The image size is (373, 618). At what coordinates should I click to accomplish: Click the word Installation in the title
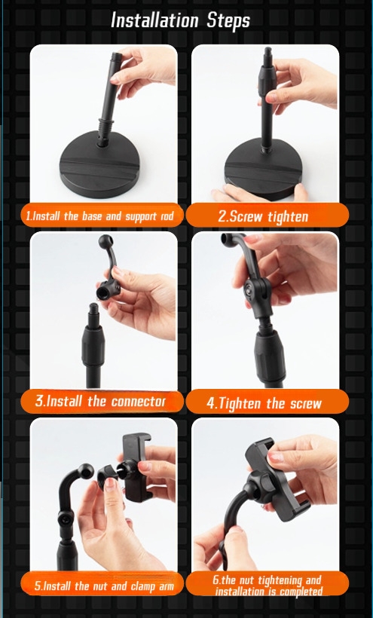pos(154,20)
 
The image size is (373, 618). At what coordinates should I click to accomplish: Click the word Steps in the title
pos(228,21)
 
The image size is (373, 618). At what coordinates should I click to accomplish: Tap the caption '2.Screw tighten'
pos(263,216)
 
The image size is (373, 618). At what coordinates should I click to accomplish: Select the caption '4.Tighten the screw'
pos(264,403)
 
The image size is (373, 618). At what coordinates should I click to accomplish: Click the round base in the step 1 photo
pos(99,165)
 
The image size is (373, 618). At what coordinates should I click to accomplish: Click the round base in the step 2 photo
pos(263,170)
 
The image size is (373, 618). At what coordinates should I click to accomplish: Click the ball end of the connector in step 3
pos(105,241)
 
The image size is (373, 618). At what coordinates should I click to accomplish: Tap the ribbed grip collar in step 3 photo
pos(93,347)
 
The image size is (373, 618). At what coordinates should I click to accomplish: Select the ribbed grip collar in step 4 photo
pos(270,357)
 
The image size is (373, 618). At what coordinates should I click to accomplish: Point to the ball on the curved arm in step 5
pos(86,470)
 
